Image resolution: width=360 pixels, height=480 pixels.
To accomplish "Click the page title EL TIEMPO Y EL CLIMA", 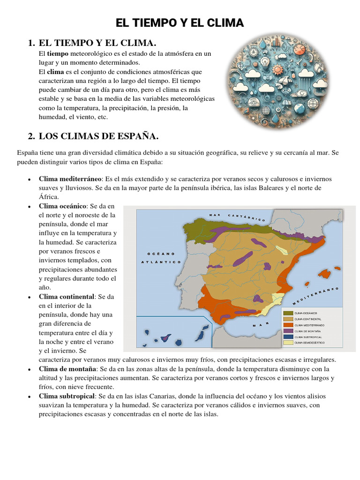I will (x=180, y=23).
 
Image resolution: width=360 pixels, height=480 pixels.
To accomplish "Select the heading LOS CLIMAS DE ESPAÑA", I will (x=98, y=136).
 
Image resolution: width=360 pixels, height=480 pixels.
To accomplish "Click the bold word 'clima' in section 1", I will (x=55, y=72).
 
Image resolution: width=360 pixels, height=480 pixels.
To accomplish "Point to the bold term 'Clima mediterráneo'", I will (x=70, y=179).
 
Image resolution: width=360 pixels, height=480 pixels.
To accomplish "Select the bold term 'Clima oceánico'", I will (x=63, y=206).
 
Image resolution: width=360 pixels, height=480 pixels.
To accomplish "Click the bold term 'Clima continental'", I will (x=67, y=297).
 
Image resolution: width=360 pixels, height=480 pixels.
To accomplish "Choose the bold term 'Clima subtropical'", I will (x=67, y=396).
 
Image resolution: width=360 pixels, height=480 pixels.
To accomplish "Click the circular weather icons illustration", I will (x=278, y=81).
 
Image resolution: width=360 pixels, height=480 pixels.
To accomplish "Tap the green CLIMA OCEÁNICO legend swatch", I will (x=287, y=313).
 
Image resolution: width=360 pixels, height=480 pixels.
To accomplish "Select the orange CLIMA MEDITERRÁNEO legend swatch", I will (x=287, y=325).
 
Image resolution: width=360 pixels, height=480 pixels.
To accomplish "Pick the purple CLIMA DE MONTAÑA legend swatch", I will (x=287, y=331).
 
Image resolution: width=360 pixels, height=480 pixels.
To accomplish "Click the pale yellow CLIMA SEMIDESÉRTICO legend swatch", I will (x=287, y=343).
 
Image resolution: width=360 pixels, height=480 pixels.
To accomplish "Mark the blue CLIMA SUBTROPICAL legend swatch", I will (x=287, y=337).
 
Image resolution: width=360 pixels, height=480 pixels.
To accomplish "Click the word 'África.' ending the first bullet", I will (x=49, y=197).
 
